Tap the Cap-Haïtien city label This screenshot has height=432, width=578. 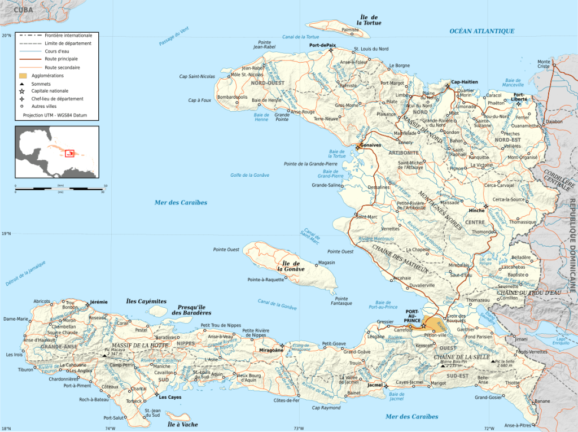pos(464,82)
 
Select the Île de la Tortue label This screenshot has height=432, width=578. pos(369,20)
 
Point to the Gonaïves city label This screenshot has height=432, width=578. pos(370,145)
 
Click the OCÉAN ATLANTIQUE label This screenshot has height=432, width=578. pos(481,31)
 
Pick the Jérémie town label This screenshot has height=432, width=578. pos(98,303)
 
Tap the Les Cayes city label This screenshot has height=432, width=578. pos(170,397)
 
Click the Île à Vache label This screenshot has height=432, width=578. pos(183,424)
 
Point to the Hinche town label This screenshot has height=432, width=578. pos(477,211)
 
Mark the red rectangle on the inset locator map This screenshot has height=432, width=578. pos(70,153)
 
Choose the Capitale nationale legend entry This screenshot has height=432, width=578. pos(50,90)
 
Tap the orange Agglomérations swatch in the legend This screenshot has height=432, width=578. pos(23,75)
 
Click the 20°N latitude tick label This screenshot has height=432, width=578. pos(6,35)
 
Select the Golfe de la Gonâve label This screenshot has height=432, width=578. pos(249,175)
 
